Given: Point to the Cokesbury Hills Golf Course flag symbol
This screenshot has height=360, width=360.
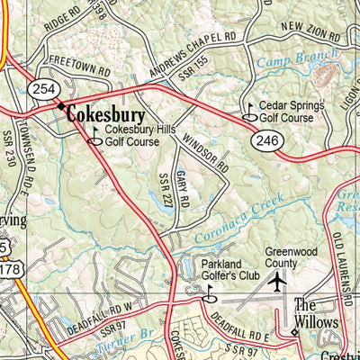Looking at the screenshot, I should (x=94, y=137).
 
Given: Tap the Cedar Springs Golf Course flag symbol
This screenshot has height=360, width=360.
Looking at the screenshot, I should (x=249, y=112).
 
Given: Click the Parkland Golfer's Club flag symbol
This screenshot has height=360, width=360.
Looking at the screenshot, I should (x=211, y=293).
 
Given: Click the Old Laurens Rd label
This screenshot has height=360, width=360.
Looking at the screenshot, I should (x=339, y=256).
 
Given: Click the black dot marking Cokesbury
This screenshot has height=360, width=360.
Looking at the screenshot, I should (x=61, y=106).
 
